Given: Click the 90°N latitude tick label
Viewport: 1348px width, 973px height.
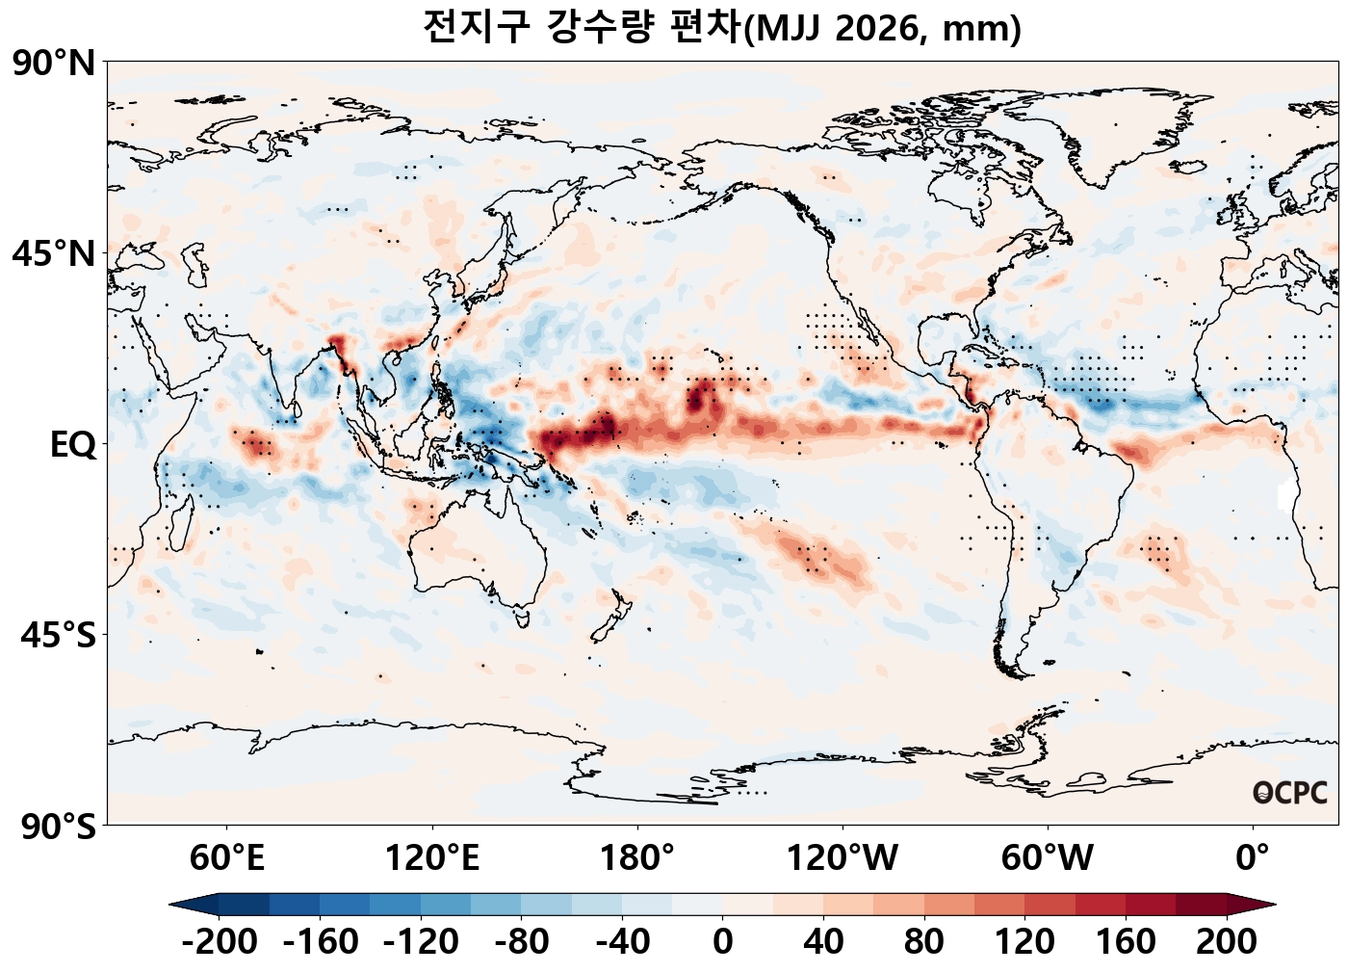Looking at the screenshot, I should (x=54, y=65).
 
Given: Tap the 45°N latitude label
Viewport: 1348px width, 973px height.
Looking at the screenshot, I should (x=54, y=254).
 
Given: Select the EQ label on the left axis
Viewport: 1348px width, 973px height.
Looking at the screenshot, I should (x=73, y=445).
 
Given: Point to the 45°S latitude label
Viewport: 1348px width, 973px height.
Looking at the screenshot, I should (x=58, y=636).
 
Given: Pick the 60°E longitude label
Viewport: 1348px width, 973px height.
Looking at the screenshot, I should (x=226, y=856).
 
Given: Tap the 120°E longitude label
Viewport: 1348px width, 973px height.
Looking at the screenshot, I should (x=431, y=856).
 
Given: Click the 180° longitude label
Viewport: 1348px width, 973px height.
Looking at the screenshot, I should (x=636, y=856).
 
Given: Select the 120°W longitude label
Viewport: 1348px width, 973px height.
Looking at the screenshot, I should (x=842, y=856).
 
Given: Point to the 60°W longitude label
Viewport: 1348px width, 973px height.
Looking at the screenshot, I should (x=1047, y=856).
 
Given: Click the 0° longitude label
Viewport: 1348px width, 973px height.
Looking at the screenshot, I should (x=1252, y=856).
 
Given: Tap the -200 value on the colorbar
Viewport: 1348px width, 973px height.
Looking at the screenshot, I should (x=220, y=941).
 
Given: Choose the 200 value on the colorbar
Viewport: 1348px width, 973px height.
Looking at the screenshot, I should (x=1227, y=941).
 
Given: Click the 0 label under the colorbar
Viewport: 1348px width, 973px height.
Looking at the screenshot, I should (x=723, y=941).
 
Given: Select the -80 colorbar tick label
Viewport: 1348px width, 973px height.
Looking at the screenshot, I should (x=522, y=941).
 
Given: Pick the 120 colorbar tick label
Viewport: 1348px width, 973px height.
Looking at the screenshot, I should (x=1024, y=941).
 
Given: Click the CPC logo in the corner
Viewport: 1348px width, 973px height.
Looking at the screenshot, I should (x=1290, y=793).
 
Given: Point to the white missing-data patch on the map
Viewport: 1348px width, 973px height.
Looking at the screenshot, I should (x=1284, y=494).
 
